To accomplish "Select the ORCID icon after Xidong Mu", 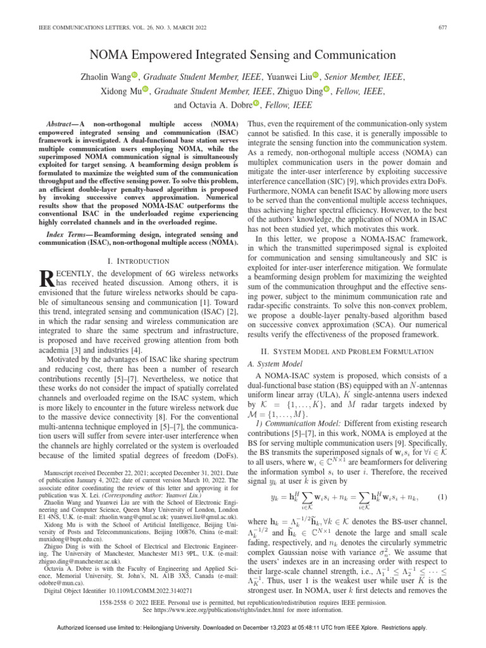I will point(145,90).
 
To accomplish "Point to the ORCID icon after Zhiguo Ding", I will point(327,90).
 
